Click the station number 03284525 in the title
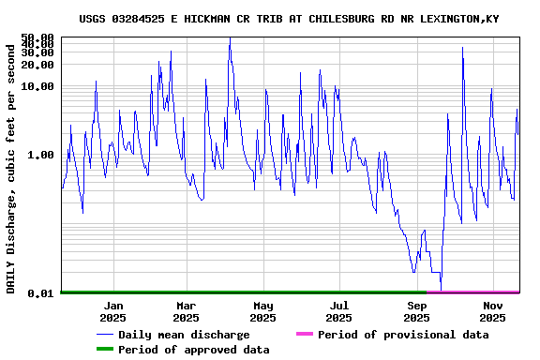[141, 19]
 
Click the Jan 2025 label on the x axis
[113, 311]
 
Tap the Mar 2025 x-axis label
[187, 311]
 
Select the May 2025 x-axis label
[263, 311]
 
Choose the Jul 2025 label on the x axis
[339, 311]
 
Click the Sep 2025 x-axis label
[417, 311]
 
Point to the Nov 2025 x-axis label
[494, 311]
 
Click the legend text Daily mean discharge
[184, 335]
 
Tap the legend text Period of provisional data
[403, 335]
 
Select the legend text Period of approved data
[194, 350]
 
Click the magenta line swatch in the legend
[305, 335]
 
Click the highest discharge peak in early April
[230, 38]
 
